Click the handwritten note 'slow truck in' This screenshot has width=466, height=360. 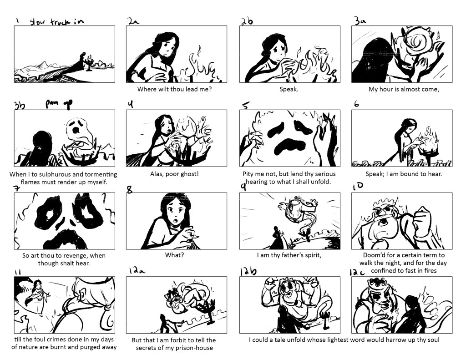57,21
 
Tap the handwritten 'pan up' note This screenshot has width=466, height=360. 59,104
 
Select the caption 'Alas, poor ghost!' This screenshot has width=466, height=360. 174,174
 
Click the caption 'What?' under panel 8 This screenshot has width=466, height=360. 174,255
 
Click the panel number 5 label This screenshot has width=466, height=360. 245,106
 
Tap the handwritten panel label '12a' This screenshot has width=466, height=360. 137,270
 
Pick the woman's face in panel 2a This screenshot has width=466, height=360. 167,48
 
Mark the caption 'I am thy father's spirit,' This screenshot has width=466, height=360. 289,255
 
